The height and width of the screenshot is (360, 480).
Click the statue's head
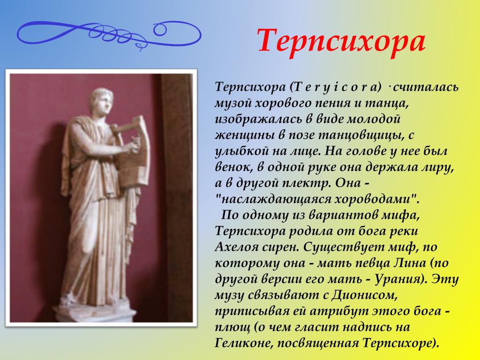(x=101, y=101)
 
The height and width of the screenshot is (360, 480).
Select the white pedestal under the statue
(x=95, y=312)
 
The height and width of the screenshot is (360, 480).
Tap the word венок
(x=232, y=167)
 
